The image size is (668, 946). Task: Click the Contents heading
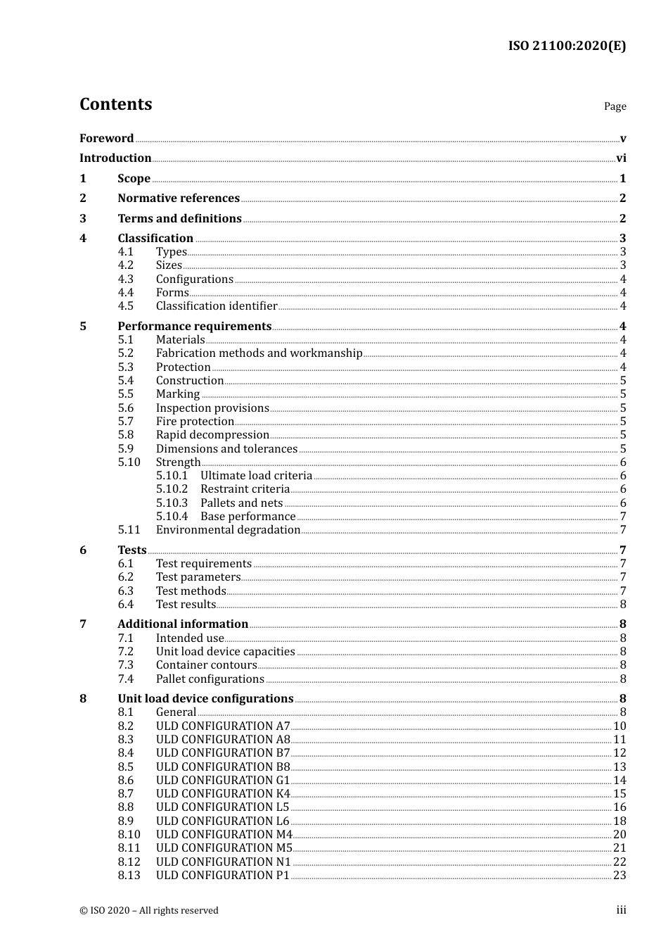(x=115, y=104)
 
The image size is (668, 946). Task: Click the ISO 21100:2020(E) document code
(x=567, y=46)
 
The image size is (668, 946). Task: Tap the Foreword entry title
(x=106, y=138)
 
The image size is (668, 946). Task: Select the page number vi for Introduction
(x=621, y=158)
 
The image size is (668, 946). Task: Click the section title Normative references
(x=179, y=198)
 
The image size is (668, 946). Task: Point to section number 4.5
(x=125, y=306)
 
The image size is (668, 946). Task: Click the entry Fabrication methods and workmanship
(x=259, y=353)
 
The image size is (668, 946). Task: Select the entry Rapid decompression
(x=212, y=435)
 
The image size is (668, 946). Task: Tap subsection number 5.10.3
(x=172, y=503)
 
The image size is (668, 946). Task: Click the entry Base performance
(x=248, y=517)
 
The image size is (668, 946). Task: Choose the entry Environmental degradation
(x=228, y=530)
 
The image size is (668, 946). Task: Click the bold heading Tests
(x=132, y=550)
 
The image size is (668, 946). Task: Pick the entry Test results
(x=186, y=605)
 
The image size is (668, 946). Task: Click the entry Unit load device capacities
(x=225, y=652)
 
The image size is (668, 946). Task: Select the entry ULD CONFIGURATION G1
(x=222, y=781)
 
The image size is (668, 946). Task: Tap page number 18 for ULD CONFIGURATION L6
(x=619, y=821)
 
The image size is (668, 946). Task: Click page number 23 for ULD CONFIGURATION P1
(x=619, y=876)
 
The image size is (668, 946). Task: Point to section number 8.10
(x=129, y=835)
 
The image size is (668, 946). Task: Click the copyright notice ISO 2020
(x=148, y=911)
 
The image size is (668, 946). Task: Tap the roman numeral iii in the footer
(x=621, y=910)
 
